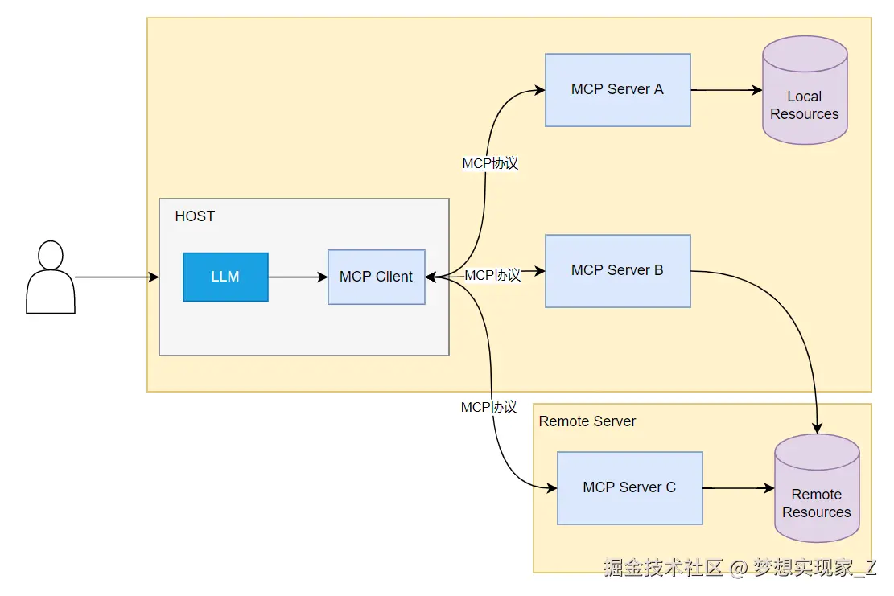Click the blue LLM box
pos(225,277)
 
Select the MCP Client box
pos(377,277)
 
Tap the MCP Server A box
pos(617,90)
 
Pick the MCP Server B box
pos(617,270)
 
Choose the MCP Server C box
pos(629,487)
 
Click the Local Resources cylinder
pos(805,90)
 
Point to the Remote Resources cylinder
pos(817,488)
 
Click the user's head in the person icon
pos(50,255)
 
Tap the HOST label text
pos(195,216)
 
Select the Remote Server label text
pos(587,421)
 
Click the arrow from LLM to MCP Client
pos(299,277)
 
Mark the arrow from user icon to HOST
pos(117,277)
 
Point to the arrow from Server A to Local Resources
pos(727,90)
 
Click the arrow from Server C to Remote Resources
pos(739,488)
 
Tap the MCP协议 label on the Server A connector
pos(490,163)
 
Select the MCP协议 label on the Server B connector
pos(492,275)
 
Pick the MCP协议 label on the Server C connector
pos(489,408)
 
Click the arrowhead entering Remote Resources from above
pos(817,429)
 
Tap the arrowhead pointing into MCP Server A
pos(539,90)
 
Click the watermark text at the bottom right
pos(740,568)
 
